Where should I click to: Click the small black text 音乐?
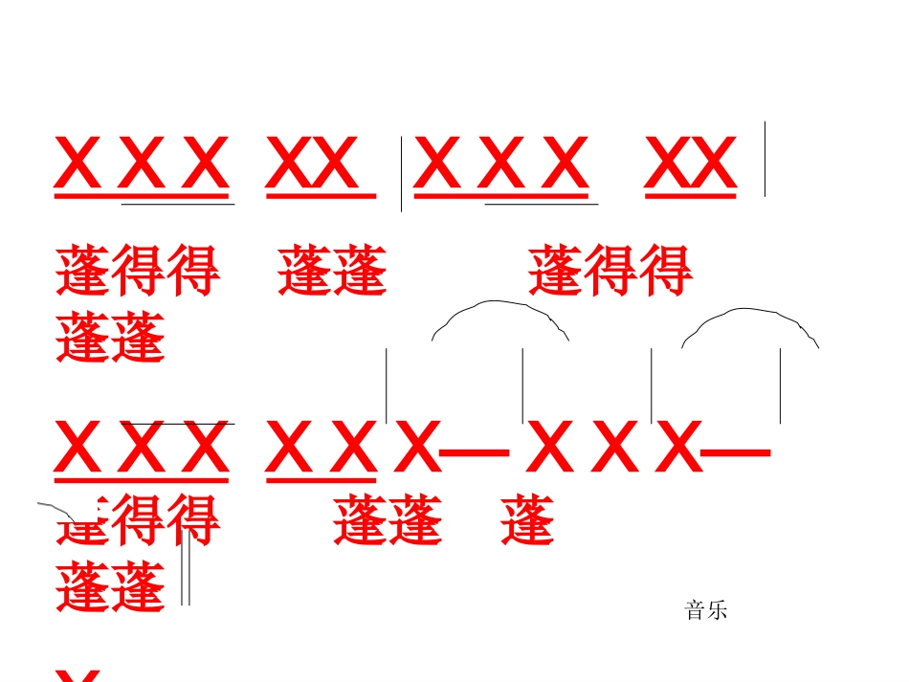(706, 610)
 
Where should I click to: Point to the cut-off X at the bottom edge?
(78, 675)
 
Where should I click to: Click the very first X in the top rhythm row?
(78, 164)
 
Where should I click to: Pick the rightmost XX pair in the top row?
(691, 164)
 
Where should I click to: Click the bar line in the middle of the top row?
(401, 173)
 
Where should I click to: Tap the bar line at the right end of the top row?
(765, 159)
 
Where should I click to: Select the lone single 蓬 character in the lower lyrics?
(527, 521)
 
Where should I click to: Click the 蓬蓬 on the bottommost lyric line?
(111, 586)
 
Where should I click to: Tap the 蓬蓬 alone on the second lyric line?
(111, 338)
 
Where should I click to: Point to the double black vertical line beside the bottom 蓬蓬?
(186, 568)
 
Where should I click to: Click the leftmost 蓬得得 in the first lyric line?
(138, 271)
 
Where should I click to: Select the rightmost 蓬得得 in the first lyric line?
(610, 271)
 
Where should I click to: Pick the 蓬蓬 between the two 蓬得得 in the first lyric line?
(333, 271)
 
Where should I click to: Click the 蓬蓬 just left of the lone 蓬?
(388, 521)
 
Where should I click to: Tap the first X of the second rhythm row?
(78, 450)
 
